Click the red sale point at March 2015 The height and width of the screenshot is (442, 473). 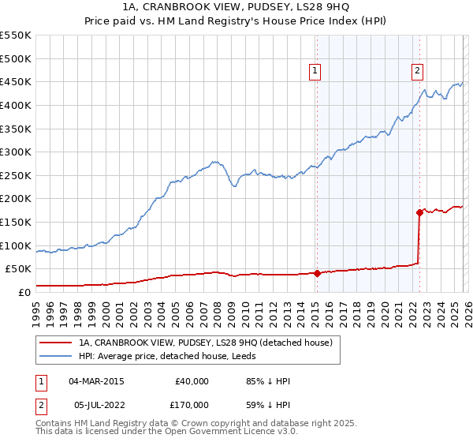317,274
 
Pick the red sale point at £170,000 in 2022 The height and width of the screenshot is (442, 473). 419,212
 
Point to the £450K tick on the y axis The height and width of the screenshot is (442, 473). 16,81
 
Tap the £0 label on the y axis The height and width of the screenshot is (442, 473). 24,292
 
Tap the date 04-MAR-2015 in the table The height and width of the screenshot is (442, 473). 96,381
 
